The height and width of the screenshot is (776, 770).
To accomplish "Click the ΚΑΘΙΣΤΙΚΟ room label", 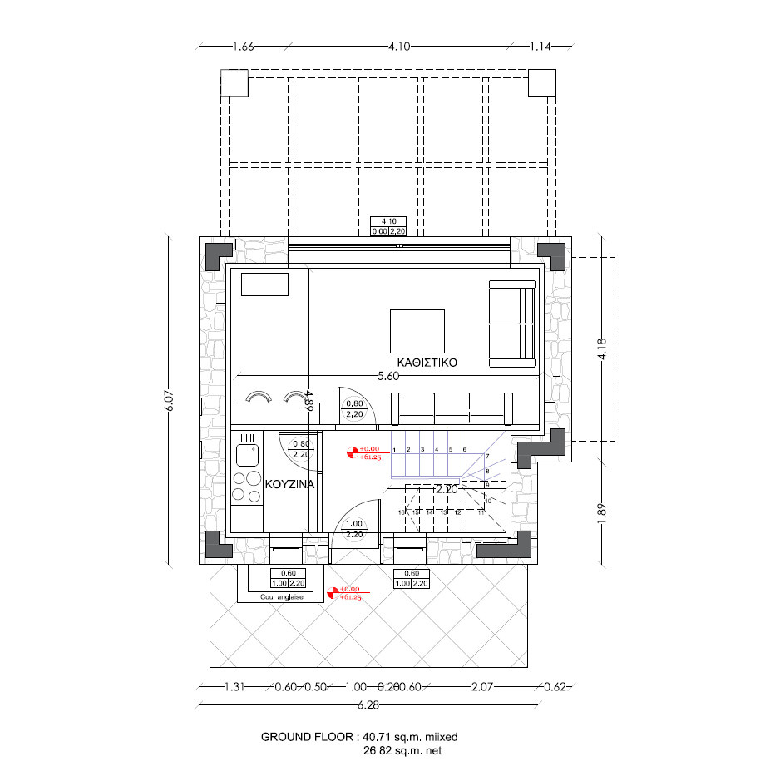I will tap(427, 363).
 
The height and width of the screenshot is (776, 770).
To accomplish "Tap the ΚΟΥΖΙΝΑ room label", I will tap(289, 483).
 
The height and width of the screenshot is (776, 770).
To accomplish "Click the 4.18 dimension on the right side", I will tap(601, 348).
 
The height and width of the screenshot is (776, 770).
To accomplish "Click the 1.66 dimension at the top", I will tap(244, 47).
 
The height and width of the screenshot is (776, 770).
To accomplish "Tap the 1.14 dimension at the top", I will tap(540, 47).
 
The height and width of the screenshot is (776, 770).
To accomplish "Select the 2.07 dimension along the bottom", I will tap(482, 687).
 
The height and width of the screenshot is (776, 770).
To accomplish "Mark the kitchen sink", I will tap(246, 454).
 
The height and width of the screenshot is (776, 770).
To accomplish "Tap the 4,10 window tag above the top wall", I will tap(388, 222).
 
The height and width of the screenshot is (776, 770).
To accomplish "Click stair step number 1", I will tap(394, 449).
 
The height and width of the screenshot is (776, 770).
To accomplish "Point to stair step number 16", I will tap(401, 512).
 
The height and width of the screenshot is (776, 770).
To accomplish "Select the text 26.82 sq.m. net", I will tap(402, 750).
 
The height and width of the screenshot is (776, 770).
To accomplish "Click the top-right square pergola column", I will tap(542, 82).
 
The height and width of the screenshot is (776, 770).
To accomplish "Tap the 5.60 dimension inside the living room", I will tap(388, 376).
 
